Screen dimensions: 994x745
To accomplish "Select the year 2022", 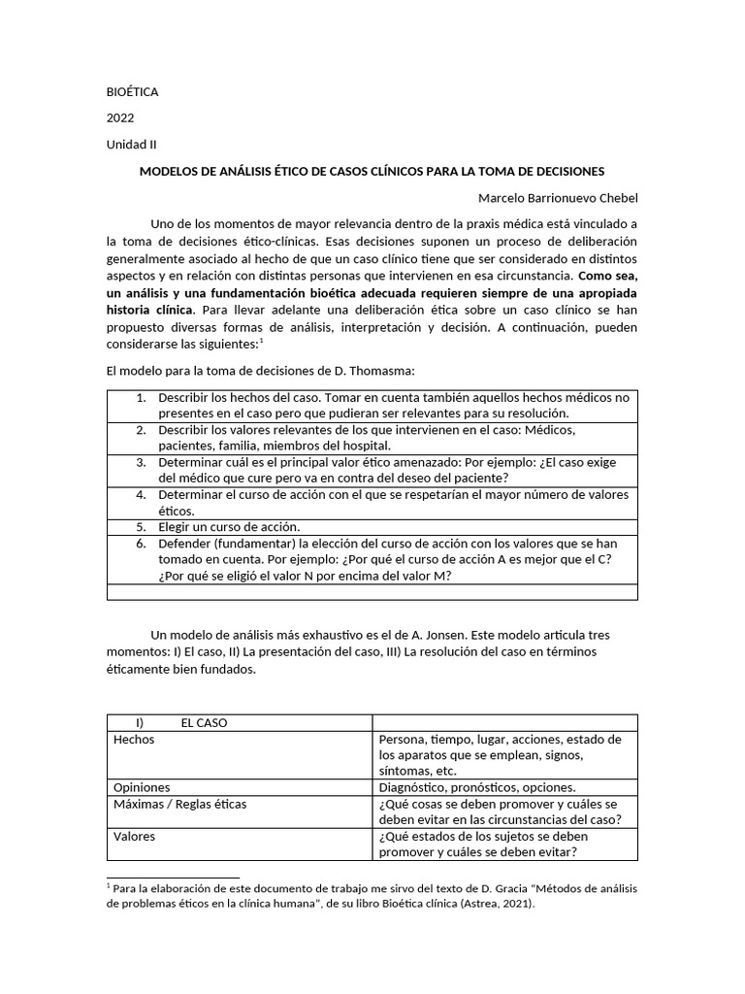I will pos(120,118).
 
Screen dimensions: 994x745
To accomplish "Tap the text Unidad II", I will pos(131,145).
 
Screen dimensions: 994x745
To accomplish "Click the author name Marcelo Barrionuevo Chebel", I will pos(559,198).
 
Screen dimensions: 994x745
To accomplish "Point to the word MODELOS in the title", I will pos(172,171).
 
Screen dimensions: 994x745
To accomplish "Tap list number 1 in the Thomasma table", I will pos(141,398).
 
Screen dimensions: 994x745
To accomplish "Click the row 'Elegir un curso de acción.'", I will pos(228,527).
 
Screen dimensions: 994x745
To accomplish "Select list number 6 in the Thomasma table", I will pos(141,544).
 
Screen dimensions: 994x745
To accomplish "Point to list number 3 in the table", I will pos(141,462).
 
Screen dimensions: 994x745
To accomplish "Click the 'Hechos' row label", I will pos(134,740).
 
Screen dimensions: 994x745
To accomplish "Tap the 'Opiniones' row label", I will pos(142,787).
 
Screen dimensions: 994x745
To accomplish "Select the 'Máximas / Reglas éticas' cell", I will pos(179,804).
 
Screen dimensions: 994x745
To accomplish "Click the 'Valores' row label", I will pos(134,836).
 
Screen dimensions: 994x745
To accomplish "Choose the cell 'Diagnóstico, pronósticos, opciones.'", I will pos(477,787).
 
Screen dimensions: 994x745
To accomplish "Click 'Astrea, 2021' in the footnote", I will pos(490,903).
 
